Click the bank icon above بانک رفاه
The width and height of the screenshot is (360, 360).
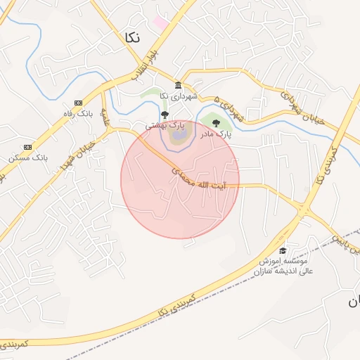(78, 103)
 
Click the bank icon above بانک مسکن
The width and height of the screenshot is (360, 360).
(27, 146)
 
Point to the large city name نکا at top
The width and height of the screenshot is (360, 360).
(131, 37)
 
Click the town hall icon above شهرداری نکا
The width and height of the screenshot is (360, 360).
(178, 86)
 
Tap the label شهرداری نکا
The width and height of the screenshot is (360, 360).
(179, 96)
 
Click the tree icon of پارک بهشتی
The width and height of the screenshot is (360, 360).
(165, 115)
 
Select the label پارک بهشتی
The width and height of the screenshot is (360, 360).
(165, 125)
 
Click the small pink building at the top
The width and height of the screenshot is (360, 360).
(161, 23)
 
